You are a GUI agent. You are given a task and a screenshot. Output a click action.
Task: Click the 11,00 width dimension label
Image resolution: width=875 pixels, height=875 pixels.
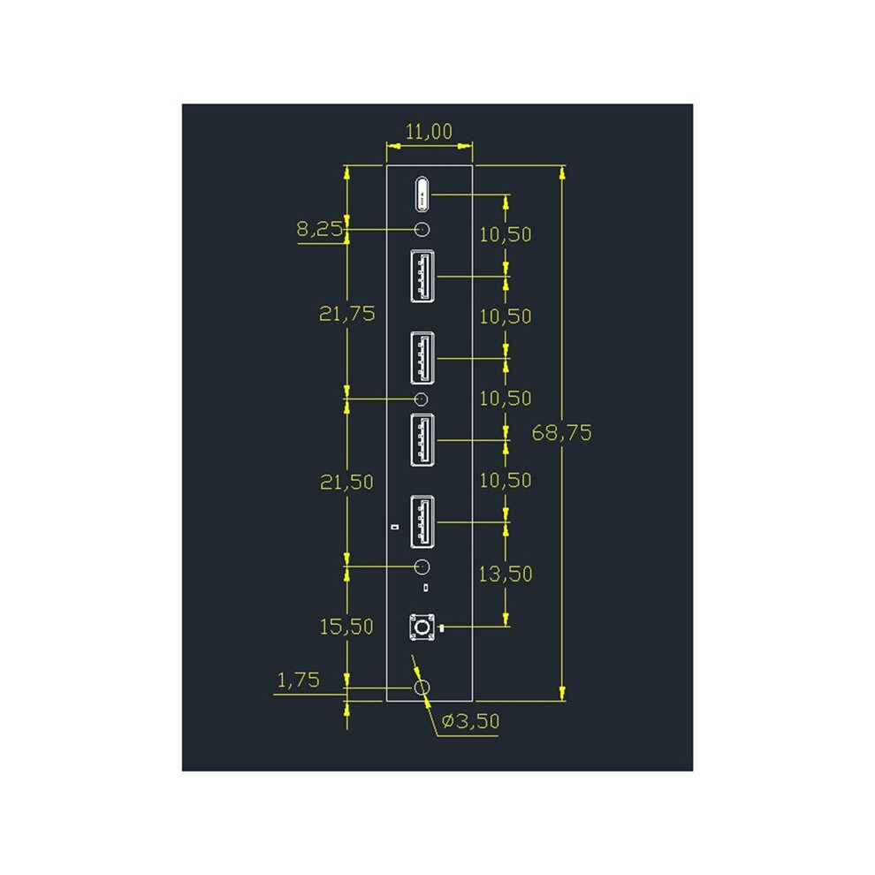tap(429, 132)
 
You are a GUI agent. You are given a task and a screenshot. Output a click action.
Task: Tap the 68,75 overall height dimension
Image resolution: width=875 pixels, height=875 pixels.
tap(561, 432)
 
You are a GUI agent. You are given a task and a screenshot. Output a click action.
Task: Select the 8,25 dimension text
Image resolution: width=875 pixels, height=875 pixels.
tap(319, 229)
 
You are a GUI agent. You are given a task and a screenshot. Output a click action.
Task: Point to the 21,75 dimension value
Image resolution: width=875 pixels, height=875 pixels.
tap(346, 314)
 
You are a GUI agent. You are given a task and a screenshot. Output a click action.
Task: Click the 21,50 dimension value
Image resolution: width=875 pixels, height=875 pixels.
tap(346, 483)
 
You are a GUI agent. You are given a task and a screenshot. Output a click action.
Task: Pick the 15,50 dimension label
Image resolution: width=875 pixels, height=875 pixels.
tap(346, 627)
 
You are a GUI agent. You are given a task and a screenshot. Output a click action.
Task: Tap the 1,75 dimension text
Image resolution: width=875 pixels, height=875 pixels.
tap(299, 680)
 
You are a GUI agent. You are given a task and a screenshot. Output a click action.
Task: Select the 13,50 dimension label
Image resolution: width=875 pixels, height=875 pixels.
tap(506, 574)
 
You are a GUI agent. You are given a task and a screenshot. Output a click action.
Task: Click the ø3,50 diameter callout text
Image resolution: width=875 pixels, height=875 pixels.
tap(470, 721)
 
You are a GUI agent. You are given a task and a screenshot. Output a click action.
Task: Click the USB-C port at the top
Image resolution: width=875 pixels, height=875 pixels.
tap(422, 194)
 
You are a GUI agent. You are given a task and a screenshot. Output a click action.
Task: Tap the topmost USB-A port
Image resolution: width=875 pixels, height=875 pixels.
tap(422, 277)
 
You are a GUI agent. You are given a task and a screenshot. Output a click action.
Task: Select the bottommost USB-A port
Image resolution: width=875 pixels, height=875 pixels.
tap(422, 521)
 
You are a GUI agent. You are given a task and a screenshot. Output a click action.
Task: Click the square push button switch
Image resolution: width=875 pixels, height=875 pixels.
tap(422, 628)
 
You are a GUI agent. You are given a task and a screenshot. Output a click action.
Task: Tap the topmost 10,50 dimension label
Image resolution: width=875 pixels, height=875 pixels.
tap(506, 234)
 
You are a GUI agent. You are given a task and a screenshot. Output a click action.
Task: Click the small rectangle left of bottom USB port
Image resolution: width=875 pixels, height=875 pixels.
tap(396, 526)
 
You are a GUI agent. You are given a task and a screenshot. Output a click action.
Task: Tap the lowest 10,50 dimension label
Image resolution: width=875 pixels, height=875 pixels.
tap(506, 481)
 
